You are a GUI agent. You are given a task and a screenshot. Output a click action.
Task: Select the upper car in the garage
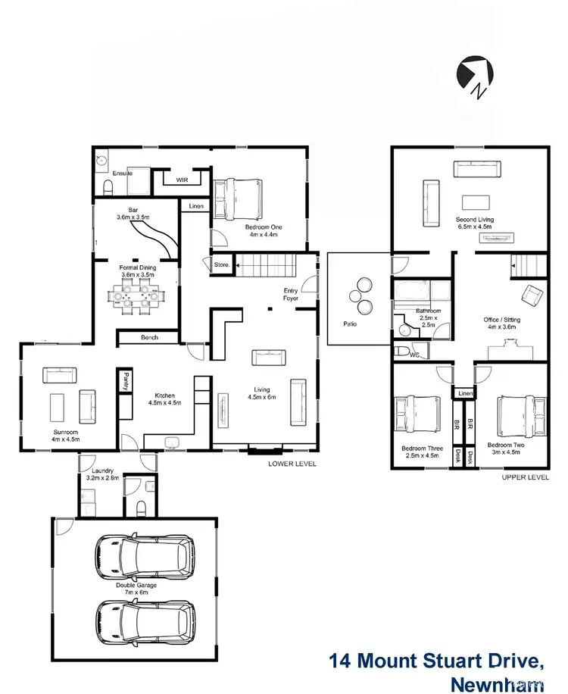(144, 558)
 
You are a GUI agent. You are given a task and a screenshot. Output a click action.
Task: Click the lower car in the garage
(144, 622)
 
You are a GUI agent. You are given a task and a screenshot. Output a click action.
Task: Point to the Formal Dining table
(136, 296)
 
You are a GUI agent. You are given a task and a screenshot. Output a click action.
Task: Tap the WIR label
(182, 180)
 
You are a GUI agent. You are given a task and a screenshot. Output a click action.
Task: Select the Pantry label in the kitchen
(124, 381)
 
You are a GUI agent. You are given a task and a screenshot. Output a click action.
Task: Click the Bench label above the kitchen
(148, 338)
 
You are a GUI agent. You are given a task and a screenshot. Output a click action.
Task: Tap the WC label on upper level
(414, 354)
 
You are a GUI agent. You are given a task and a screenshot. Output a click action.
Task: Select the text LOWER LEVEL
(292, 464)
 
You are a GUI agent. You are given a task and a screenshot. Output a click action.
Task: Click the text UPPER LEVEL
(525, 478)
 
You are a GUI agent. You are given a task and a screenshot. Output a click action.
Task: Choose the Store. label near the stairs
(221, 264)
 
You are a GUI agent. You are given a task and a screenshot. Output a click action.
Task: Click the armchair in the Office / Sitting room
(532, 295)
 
